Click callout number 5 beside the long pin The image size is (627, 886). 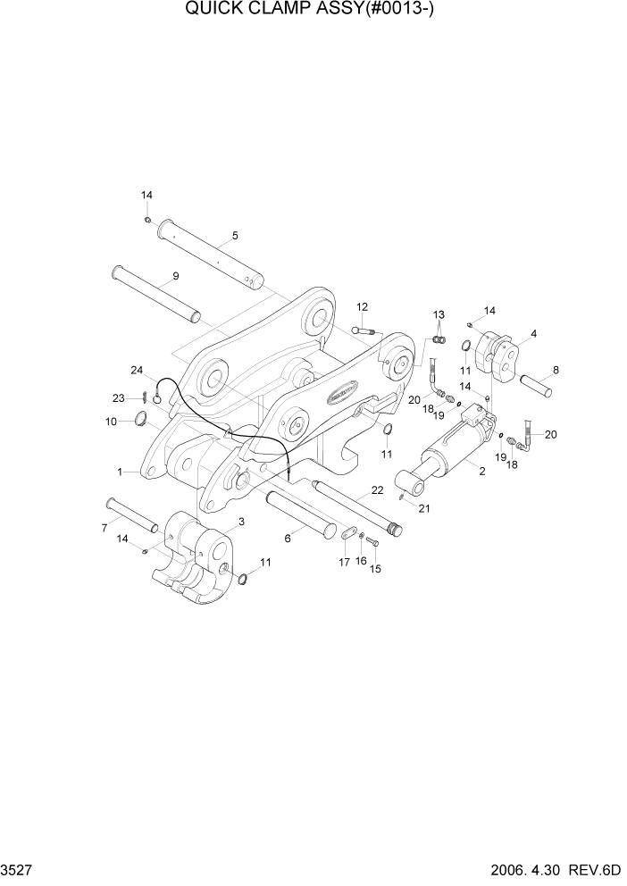click(235, 236)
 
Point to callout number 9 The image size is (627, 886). click(175, 276)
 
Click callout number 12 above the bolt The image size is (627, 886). click(362, 307)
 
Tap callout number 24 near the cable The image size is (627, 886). click(137, 370)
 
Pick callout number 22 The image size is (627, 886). click(377, 490)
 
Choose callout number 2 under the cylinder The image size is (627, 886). click(482, 472)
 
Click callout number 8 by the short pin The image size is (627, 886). click(556, 369)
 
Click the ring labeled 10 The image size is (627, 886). click(140, 420)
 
